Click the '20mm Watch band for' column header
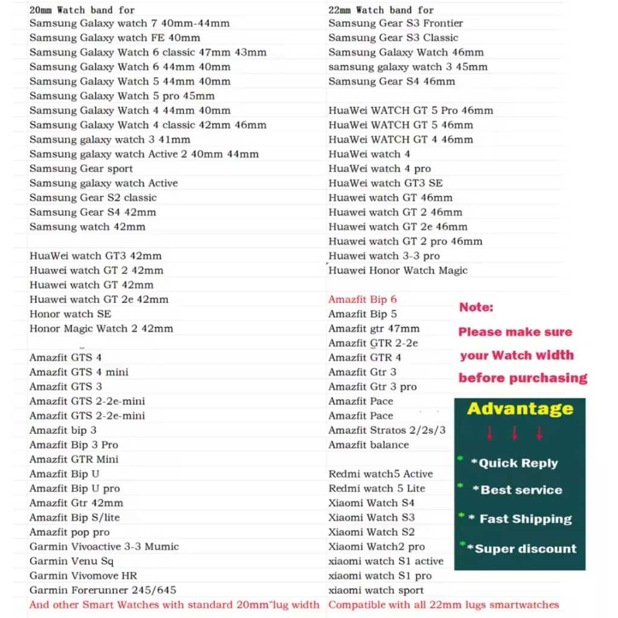click(x=82, y=10)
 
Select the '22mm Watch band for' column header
click(x=381, y=10)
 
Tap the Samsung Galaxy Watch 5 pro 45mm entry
click(x=122, y=96)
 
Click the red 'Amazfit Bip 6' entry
click(x=362, y=299)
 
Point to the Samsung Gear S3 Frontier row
click(x=395, y=24)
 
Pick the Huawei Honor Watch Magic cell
click(x=398, y=270)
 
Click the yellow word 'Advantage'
click(x=520, y=409)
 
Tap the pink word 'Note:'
click(x=476, y=307)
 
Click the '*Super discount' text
click(x=525, y=549)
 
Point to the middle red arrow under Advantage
click(x=515, y=433)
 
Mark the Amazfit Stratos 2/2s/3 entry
click(x=387, y=430)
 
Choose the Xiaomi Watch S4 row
click(x=371, y=503)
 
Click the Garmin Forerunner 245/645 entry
click(x=103, y=590)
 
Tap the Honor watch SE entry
click(x=70, y=314)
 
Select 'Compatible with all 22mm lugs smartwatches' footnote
click(x=444, y=605)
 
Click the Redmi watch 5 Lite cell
click(x=377, y=488)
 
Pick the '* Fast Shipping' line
click(x=520, y=519)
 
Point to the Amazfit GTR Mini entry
click(x=74, y=459)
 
